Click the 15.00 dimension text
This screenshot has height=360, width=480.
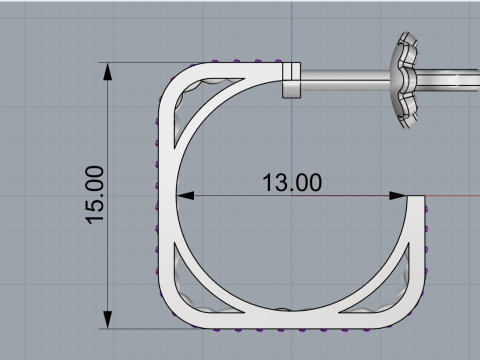tap(95, 195)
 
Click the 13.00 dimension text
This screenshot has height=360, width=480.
tap(292, 182)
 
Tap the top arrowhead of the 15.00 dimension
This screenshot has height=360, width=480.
tap(108, 72)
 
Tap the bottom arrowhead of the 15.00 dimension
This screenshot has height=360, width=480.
tap(108, 320)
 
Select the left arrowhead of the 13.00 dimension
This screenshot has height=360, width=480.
tap(185, 196)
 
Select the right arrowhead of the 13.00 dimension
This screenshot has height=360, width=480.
tap(398, 196)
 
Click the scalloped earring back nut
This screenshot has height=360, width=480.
tap(404, 80)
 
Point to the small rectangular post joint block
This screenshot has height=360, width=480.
tap(291, 80)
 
